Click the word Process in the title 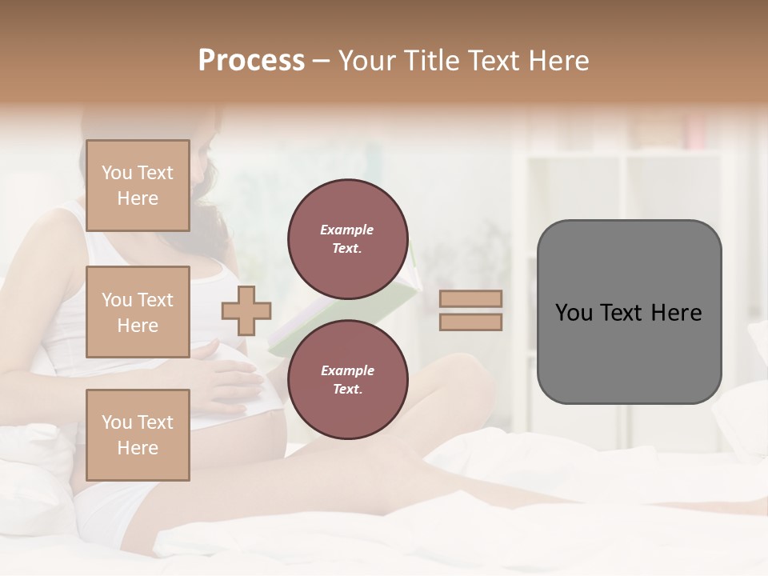pos(251,61)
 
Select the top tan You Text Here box pos(138,186)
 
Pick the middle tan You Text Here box pos(138,312)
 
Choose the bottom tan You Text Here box pos(138,434)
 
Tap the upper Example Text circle pos(347,239)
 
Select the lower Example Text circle pos(347,380)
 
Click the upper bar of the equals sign pos(471,299)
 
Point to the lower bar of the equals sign pos(471,322)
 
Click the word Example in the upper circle pos(347,230)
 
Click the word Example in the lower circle pos(347,371)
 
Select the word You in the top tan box pos(117,173)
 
